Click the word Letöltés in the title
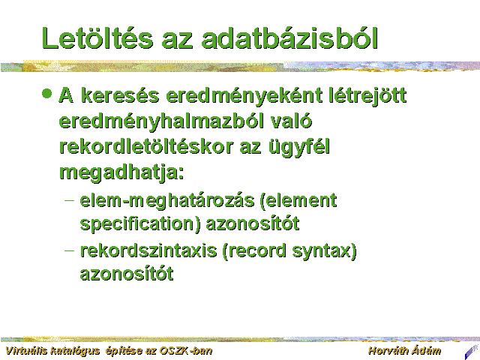(97, 38)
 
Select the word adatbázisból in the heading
(289, 38)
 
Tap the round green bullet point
(46, 93)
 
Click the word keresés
(120, 95)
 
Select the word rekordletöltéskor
(146, 147)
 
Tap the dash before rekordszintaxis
(70, 250)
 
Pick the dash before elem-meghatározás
(70, 200)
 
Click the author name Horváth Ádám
(405, 351)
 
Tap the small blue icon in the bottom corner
(472, 352)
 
